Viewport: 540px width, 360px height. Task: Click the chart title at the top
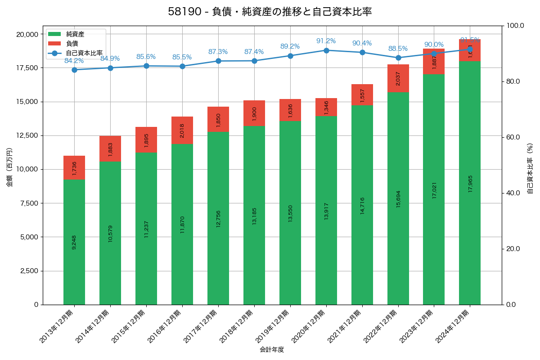(270, 12)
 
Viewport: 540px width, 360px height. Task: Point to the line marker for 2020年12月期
(326, 50)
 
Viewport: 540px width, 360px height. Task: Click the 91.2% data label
(326, 41)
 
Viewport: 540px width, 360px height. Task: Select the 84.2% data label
(74, 61)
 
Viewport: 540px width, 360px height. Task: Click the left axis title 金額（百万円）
(9, 167)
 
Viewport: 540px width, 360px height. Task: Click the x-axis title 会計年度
(272, 350)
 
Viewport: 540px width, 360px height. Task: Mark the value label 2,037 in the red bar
(398, 78)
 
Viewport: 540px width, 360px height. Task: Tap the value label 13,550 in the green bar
(290, 213)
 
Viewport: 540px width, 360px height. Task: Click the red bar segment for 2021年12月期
(362, 94)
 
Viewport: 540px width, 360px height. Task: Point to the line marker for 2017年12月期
(218, 61)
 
